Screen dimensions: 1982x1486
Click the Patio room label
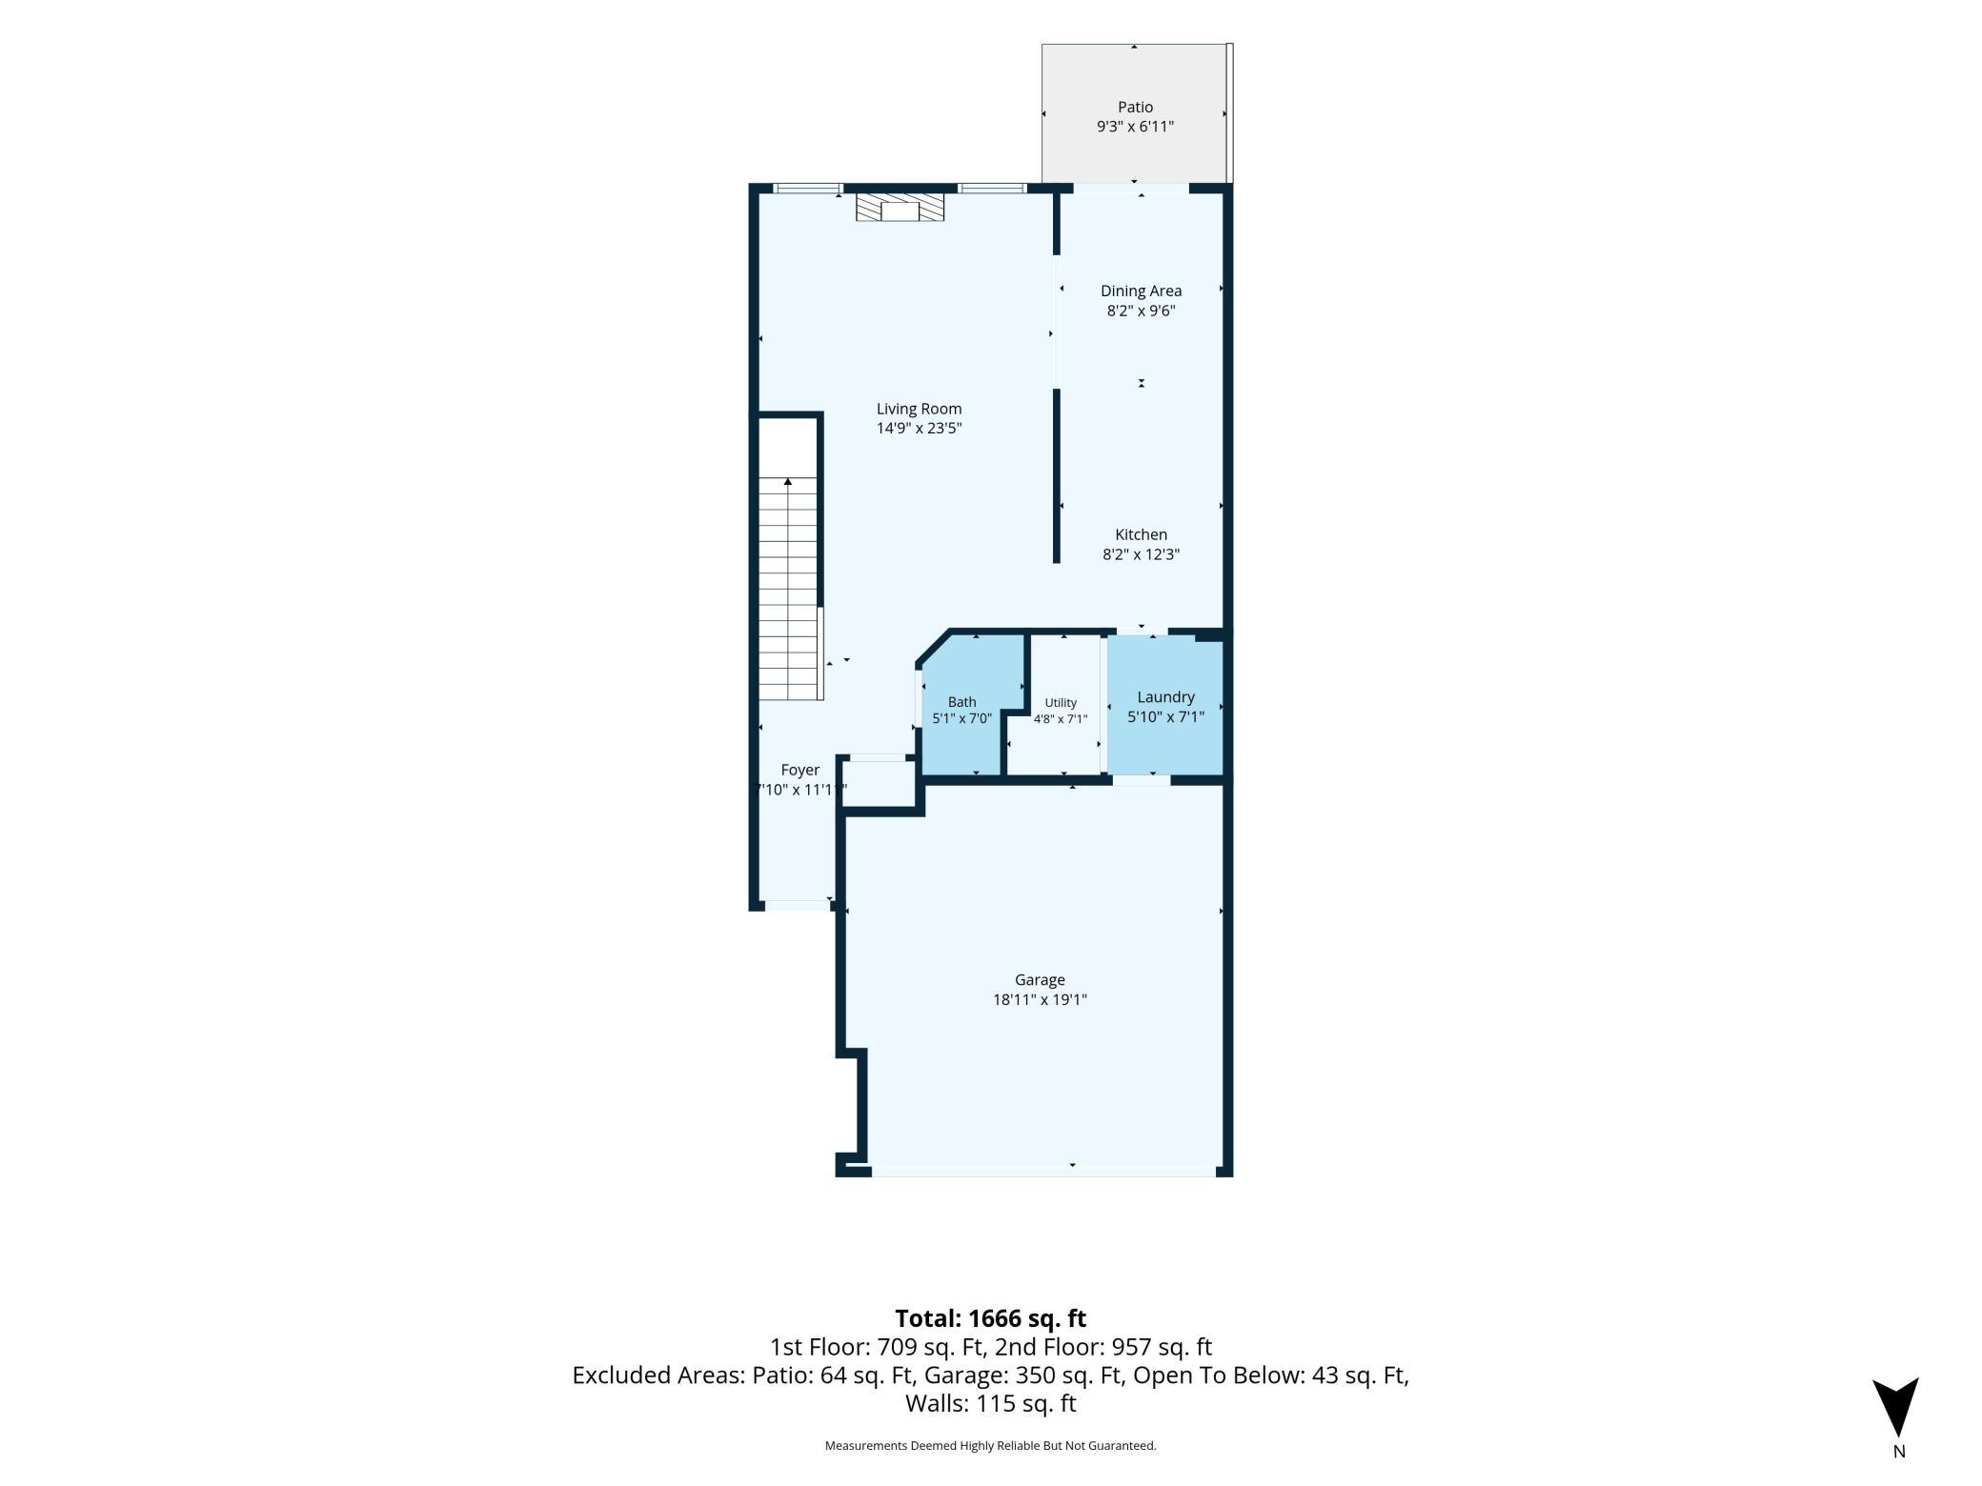click(x=1135, y=108)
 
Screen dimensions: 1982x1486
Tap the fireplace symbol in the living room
click(x=900, y=208)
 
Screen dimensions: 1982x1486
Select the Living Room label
click(x=919, y=409)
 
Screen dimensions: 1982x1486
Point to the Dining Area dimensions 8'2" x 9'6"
click(x=1141, y=311)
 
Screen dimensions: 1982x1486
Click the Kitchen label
click(x=1141, y=534)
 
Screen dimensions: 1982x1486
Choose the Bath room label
click(x=961, y=702)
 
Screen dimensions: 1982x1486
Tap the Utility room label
click(x=1061, y=702)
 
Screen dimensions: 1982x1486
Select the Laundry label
click(x=1165, y=697)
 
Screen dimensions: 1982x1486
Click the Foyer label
click(x=799, y=770)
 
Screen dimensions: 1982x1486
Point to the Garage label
click(x=1039, y=979)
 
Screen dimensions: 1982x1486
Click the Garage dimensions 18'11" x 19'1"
click(x=1039, y=999)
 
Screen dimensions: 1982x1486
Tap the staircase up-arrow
click(x=787, y=482)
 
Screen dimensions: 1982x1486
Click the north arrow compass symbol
click(x=1895, y=1405)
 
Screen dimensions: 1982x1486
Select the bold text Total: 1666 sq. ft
click(x=990, y=1318)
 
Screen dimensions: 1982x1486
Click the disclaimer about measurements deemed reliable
click(x=990, y=1446)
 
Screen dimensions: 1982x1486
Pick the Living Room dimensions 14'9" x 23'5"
click(x=919, y=429)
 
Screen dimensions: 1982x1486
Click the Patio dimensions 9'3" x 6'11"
click(x=1135, y=127)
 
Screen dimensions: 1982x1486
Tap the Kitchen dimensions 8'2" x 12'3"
click(x=1141, y=554)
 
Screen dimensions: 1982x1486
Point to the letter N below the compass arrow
click(x=1898, y=1453)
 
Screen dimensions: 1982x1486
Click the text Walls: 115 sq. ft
click(x=990, y=1403)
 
